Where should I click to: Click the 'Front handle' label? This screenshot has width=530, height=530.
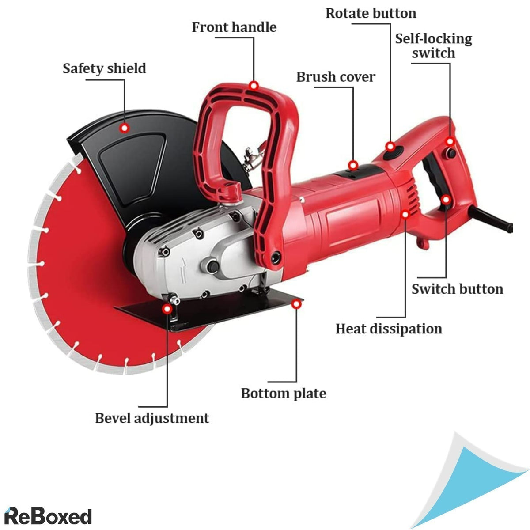pyautogui.click(x=234, y=27)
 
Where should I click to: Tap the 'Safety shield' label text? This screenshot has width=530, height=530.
pyautogui.click(x=104, y=68)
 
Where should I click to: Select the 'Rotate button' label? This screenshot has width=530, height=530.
pyautogui.click(x=371, y=13)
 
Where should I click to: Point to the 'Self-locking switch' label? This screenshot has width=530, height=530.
pyautogui.click(x=433, y=45)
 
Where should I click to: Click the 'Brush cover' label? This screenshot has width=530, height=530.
pyautogui.click(x=336, y=77)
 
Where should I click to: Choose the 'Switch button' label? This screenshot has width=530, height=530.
pyautogui.click(x=457, y=289)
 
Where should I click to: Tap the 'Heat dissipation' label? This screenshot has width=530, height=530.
pyautogui.click(x=389, y=329)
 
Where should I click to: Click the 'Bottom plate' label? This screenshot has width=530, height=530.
pyautogui.click(x=284, y=393)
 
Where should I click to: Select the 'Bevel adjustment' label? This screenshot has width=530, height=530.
pyautogui.click(x=152, y=418)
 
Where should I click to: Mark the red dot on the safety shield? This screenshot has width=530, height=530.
pyautogui.click(x=125, y=128)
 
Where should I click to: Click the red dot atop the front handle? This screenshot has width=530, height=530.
pyautogui.click(x=254, y=85)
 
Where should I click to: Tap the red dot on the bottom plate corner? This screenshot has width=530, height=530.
pyautogui.click(x=297, y=304)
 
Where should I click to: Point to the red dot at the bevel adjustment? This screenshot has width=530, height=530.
pyautogui.click(x=168, y=308)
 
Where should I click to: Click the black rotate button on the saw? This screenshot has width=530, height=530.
pyautogui.click(x=391, y=155)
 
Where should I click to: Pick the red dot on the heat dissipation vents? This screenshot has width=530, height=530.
pyautogui.click(x=405, y=214)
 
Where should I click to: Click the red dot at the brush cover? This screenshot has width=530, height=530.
pyautogui.click(x=353, y=165)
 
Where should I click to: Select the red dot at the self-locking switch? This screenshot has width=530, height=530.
pyautogui.click(x=450, y=141)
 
